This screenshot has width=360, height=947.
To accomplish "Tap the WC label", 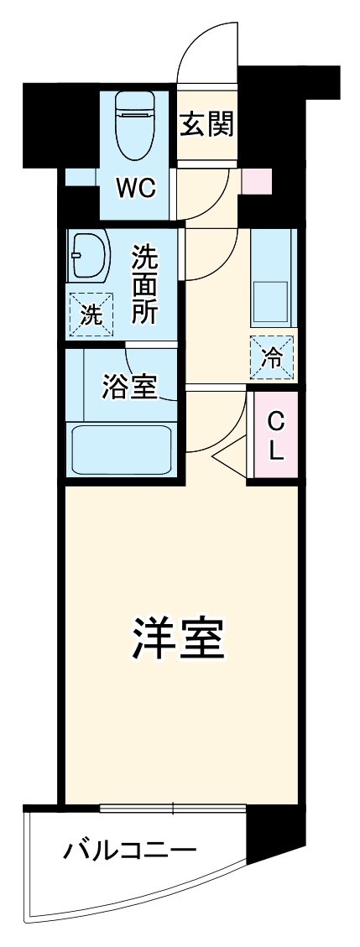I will coord(136,189).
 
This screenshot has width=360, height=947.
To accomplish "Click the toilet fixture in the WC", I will coord(135,130).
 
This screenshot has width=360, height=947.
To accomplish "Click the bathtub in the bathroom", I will coord(123,450).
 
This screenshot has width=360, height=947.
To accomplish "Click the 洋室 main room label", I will coord(179,641).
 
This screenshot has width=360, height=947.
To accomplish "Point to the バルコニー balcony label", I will coord(130,853).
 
